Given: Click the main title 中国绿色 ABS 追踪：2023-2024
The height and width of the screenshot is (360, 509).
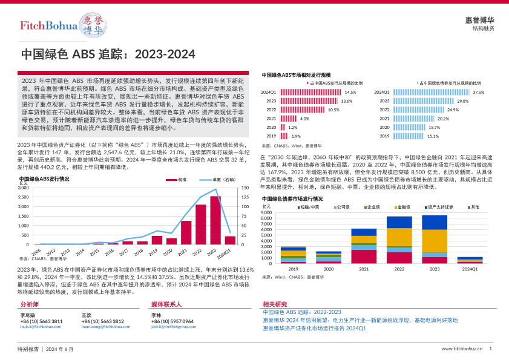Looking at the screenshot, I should (x=108, y=54).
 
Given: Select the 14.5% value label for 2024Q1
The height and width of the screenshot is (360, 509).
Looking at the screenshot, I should (x=350, y=92).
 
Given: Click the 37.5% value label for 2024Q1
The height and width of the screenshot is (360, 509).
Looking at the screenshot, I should (x=479, y=92).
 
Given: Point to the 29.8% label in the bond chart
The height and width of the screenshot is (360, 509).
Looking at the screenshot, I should (x=463, y=101).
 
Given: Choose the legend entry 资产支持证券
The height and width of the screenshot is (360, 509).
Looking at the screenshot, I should (x=439, y=207).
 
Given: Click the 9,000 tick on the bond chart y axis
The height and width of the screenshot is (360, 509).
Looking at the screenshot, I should (x=268, y=212).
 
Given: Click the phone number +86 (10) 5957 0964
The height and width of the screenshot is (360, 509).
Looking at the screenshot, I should (x=172, y=321).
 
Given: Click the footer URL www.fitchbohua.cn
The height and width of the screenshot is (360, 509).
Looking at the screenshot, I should (x=462, y=349).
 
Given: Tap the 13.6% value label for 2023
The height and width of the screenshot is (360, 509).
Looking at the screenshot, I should (x=346, y=101).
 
